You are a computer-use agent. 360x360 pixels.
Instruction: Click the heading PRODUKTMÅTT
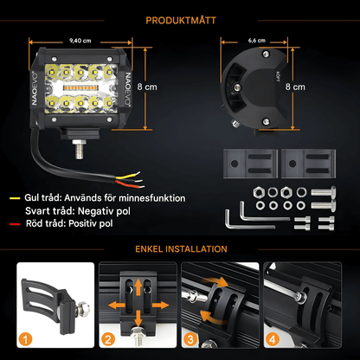click(180, 19)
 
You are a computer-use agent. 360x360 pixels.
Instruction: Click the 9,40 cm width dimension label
click(80, 40)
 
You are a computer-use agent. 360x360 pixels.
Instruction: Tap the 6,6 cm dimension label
click(258, 40)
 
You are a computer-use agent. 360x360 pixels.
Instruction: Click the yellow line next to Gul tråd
click(13, 197)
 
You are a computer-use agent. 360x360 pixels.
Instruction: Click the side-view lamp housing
click(257, 90)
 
